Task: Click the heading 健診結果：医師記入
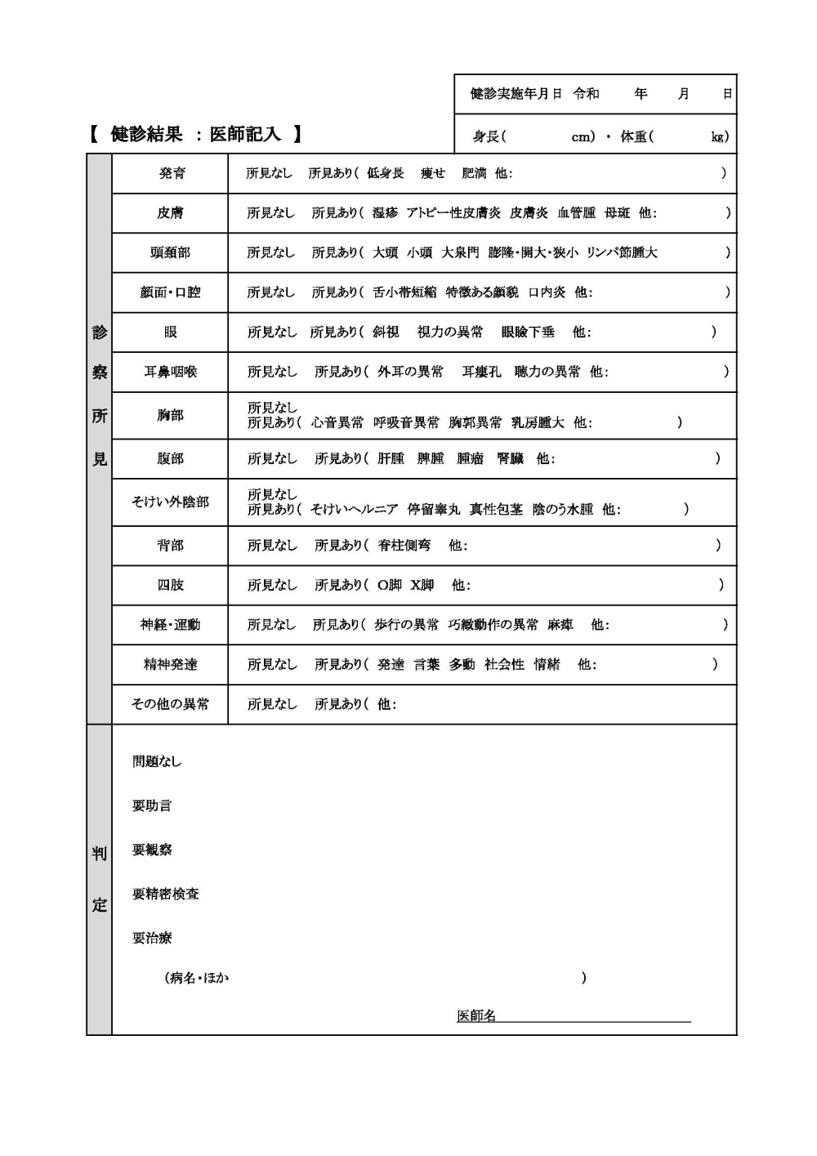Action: [195, 134]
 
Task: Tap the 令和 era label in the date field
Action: [586, 94]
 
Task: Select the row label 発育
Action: [172, 173]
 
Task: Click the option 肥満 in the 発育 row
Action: [474, 173]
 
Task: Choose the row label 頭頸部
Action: [170, 252]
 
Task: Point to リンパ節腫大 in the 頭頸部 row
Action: [622, 252]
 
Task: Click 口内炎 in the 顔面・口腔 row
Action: [547, 292]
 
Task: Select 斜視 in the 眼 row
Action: [386, 332]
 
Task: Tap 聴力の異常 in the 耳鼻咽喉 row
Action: [547, 372]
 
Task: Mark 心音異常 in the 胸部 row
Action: [337, 422]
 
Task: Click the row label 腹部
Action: [170, 458]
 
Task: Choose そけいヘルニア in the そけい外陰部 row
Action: [355, 509]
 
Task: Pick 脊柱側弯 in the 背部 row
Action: [404, 545]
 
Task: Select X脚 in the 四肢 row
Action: [422, 585]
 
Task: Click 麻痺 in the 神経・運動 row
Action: [560, 625]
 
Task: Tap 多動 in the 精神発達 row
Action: [462, 664]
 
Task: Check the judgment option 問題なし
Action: [157, 761]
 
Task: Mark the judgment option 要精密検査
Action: [166, 894]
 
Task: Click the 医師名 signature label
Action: [476, 1015]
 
